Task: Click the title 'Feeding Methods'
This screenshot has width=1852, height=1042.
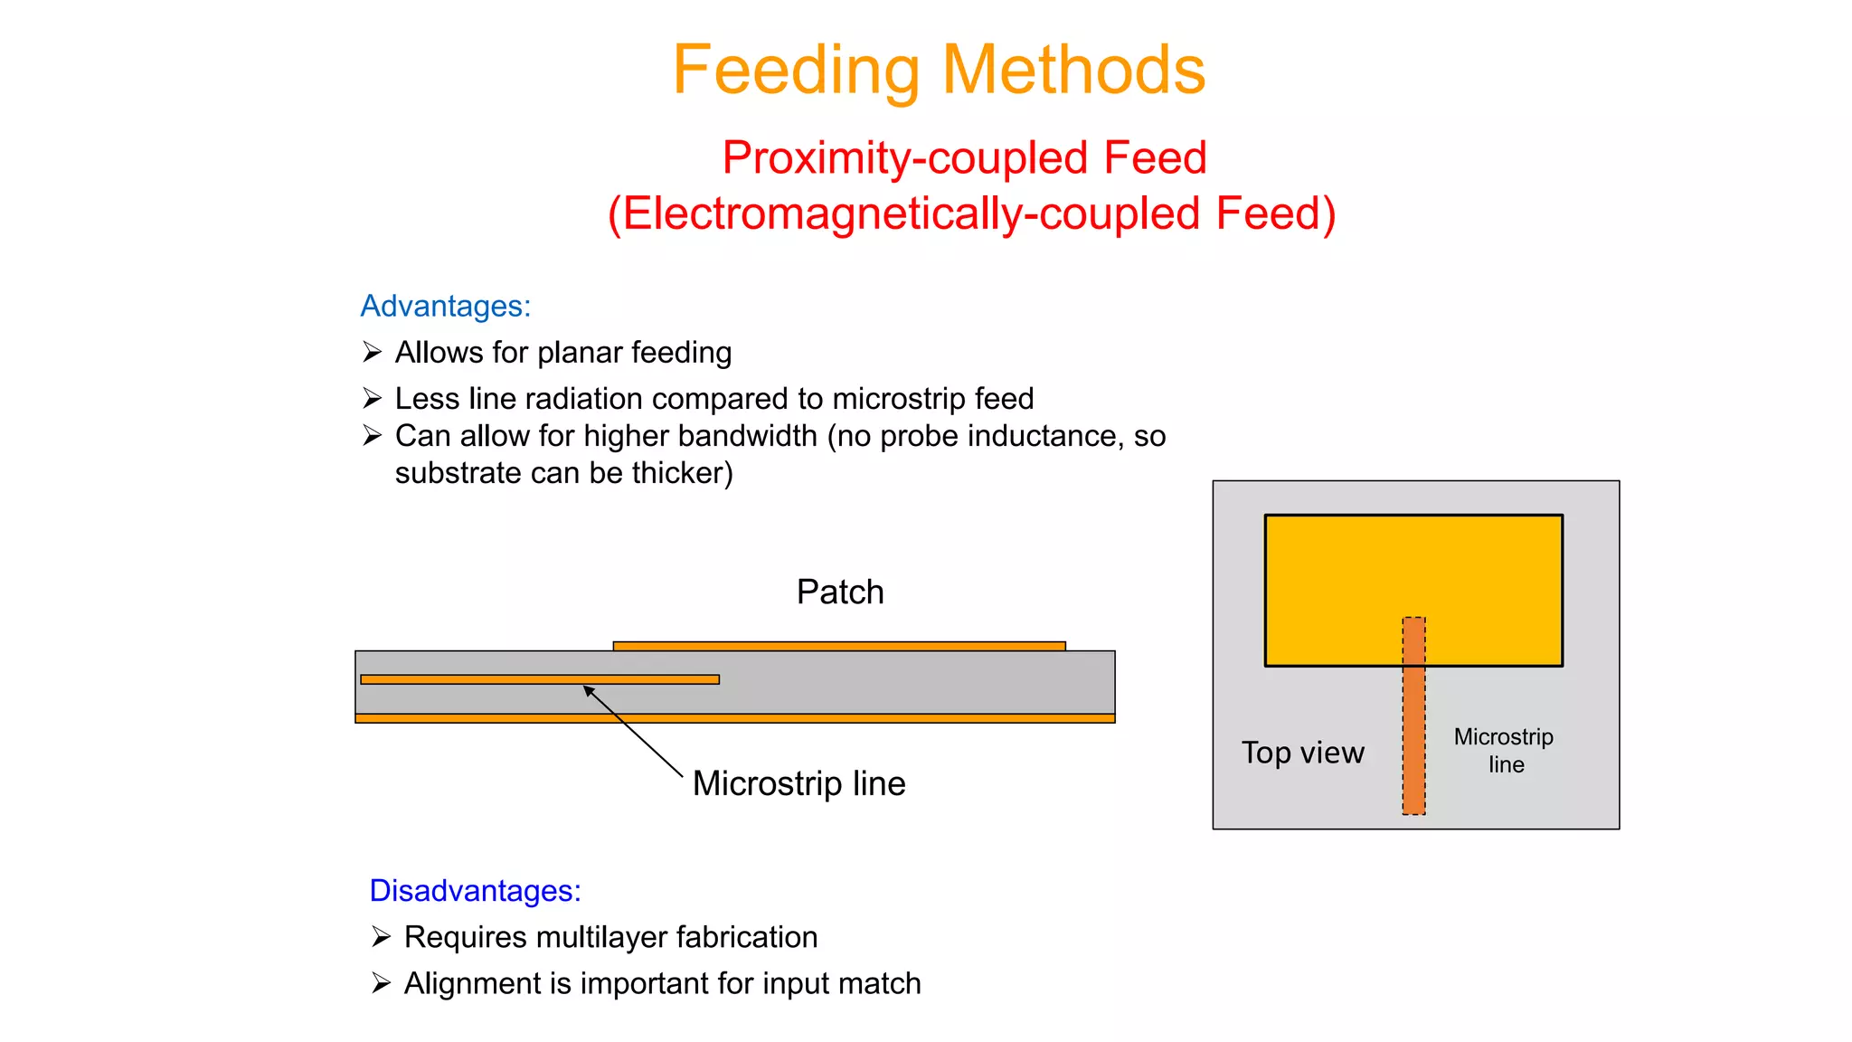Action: click(x=939, y=70)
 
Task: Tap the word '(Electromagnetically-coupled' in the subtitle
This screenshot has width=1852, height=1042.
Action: click(x=905, y=214)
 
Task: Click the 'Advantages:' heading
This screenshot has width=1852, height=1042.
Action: click(x=445, y=306)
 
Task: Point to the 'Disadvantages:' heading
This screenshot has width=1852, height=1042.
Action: click(x=475, y=891)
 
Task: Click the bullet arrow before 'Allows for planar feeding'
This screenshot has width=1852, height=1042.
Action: click(x=372, y=352)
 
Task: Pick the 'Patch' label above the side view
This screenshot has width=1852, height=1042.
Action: click(x=840, y=592)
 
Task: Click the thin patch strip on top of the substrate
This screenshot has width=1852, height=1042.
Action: click(x=839, y=646)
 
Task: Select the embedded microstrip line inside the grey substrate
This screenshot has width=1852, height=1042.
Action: click(x=540, y=679)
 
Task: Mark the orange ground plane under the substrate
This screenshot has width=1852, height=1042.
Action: click(x=734, y=718)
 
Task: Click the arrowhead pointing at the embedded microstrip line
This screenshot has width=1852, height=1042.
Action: click(x=588, y=690)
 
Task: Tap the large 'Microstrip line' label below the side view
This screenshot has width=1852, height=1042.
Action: click(x=798, y=783)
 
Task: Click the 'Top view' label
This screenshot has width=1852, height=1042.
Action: click(x=1302, y=753)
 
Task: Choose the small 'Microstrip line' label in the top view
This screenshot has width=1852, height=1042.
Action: click(x=1504, y=751)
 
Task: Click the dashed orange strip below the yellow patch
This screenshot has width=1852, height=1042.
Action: click(x=1414, y=742)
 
